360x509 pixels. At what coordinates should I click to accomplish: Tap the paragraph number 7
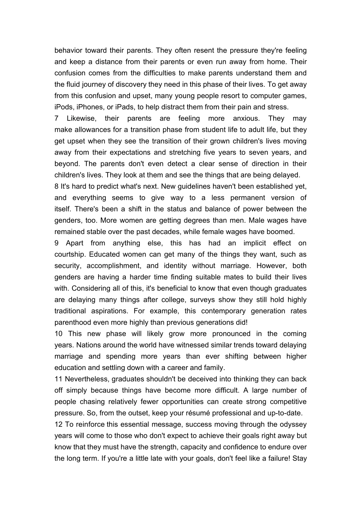[56, 119]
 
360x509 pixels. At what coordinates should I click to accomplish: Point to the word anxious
[246, 119]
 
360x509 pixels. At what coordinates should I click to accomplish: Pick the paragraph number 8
[56, 186]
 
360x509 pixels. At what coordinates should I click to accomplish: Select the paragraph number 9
[56, 243]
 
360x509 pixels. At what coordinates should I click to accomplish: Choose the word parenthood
[74, 323]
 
